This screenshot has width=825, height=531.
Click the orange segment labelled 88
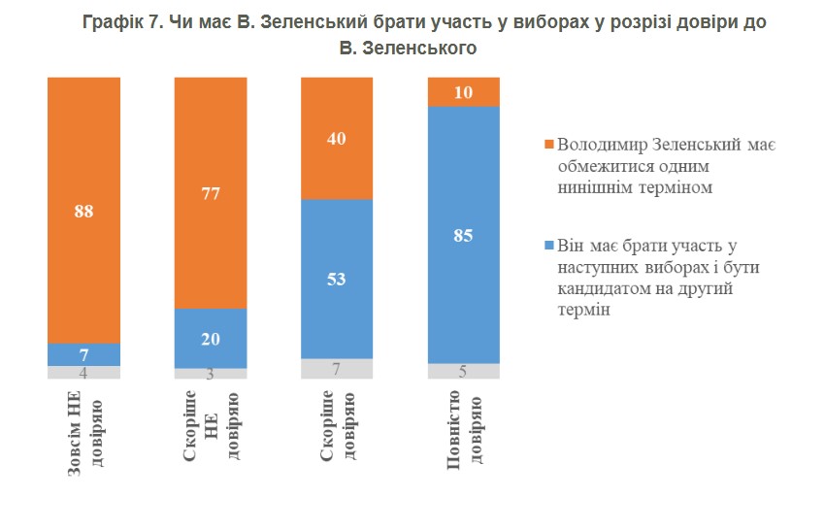(x=83, y=211)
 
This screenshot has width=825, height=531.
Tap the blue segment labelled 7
(x=83, y=354)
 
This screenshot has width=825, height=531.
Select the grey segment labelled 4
(x=83, y=373)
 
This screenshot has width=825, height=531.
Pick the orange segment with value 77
(x=211, y=193)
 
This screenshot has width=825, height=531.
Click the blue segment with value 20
(x=211, y=339)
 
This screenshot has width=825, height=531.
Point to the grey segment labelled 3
(x=211, y=374)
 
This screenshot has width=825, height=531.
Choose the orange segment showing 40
(x=337, y=139)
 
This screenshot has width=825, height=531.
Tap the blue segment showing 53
(x=337, y=280)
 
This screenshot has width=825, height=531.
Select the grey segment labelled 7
(x=337, y=369)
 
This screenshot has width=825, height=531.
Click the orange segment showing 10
(x=464, y=92)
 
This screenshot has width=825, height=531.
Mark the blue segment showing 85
(x=464, y=235)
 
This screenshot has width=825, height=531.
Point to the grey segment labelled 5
(x=464, y=371)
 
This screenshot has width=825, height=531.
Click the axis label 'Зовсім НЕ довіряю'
(x=84, y=433)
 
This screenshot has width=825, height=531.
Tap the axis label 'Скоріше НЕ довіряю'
(x=211, y=426)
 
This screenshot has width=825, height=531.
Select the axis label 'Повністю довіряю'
(x=464, y=430)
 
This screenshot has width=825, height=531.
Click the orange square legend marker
(x=549, y=145)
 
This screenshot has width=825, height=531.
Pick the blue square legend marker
(x=549, y=246)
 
